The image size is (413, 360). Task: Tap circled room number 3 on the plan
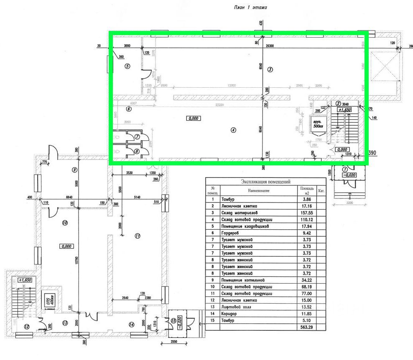pos(270,70)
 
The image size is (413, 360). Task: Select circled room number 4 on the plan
pos(233,130)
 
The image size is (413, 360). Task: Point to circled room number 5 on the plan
pos(127,66)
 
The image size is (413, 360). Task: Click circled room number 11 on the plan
pos(137,236)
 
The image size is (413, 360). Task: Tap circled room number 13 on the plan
pos(65,322)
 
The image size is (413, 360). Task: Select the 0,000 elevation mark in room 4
pos(194,119)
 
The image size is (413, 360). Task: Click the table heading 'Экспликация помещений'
pos(266,182)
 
